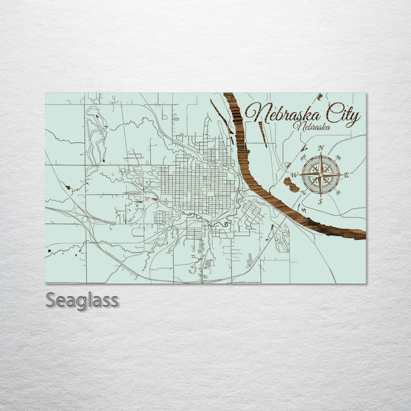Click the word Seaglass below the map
point(82,300)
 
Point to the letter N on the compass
point(321,148)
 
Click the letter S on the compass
point(320,201)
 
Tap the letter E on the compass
point(346,174)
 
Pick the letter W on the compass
point(294,175)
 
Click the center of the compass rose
point(320,174)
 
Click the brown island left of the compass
point(291,184)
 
